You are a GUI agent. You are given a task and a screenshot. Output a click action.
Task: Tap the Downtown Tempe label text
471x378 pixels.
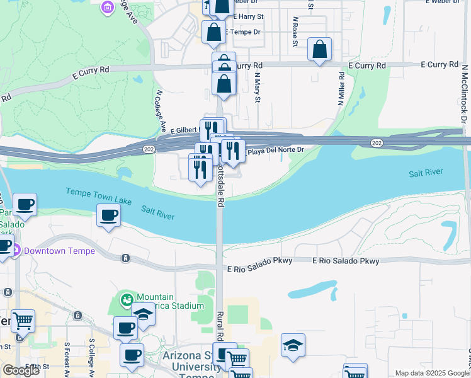pos(59,251)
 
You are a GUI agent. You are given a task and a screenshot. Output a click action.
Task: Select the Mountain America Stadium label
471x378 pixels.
pos(170,302)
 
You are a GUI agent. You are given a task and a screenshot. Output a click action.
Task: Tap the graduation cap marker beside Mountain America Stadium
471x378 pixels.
pos(143,314)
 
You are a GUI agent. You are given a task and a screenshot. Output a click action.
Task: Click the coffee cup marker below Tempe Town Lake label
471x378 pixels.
pos(108,215)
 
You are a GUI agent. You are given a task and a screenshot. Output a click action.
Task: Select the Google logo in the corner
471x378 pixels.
pos(21,370)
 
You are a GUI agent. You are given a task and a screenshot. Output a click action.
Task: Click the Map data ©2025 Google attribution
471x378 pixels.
pos(431,373)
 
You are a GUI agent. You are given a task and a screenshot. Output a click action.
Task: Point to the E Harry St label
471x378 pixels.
pos(247,16)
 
